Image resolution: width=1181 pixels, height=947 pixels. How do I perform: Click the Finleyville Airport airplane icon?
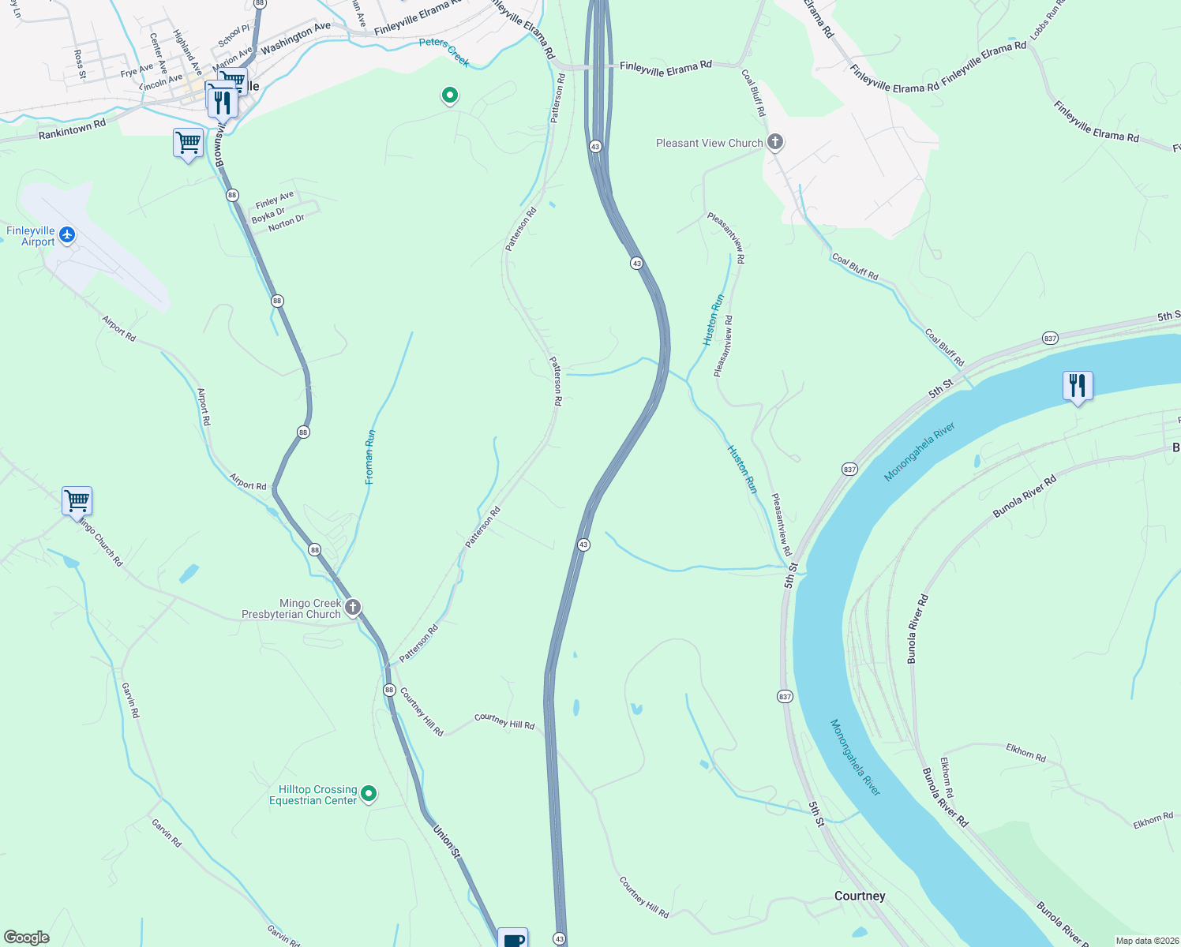click(67, 234)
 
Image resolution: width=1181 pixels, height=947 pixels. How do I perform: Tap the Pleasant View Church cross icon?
click(775, 142)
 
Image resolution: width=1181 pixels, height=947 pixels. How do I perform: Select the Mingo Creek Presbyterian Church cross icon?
click(353, 608)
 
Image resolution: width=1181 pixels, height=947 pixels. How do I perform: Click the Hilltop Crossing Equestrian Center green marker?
click(369, 793)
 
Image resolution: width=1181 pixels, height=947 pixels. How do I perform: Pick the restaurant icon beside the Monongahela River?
click(1078, 386)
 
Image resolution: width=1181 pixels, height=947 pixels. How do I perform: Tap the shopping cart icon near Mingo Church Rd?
click(77, 500)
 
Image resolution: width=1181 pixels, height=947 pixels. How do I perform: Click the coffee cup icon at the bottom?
click(513, 939)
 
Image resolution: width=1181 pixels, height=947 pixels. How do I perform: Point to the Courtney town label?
click(860, 896)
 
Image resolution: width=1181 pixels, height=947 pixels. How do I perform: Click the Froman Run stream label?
click(369, 457)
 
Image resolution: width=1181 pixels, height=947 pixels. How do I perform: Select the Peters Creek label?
click(444, 51)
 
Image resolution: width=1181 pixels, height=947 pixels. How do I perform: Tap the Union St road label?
click(447, 841)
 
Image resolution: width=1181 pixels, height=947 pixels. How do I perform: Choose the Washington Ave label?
click(296, 37)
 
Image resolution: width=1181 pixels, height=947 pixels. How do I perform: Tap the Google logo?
click(27, 938)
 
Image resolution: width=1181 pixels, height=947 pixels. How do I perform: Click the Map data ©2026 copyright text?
click(1145, 941)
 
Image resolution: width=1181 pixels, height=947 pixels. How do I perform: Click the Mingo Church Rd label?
click(102, 542)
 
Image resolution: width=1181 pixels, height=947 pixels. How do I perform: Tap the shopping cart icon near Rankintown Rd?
click(188, 144)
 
